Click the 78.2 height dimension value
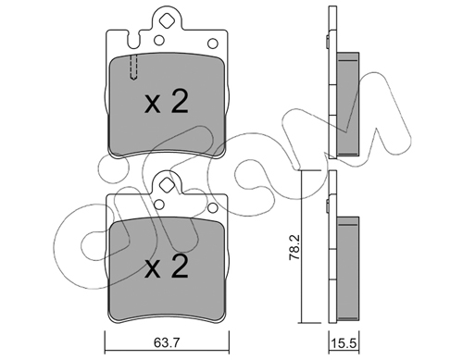click(x=294, y=248)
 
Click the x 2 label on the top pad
click(x=167, y=102)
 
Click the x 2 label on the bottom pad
click(x=167, y=267)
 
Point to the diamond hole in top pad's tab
click(x=167, y=20)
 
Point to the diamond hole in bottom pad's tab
click(x=167, y=185)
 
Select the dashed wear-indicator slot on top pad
click(x=133, y=68)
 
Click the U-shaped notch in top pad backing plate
click(x=133, y=40)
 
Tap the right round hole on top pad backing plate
click(x=213, y=43)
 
